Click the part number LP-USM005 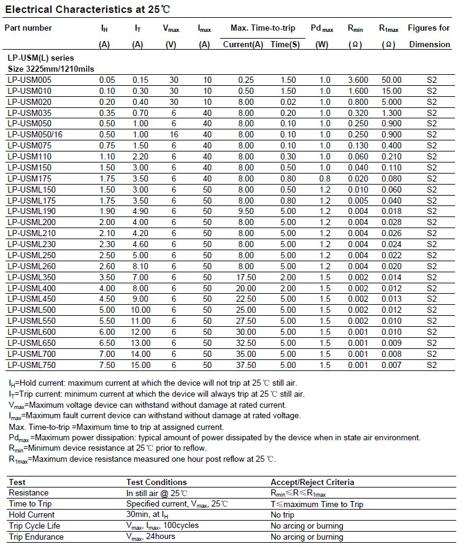click(x=29, y=80)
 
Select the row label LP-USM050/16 click(x=35, y=134)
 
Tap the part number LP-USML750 click(x=32, y=365)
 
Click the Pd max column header click(x=322, y=28)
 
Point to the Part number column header click(x=28, y=28)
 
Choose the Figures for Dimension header click(x=429, y=36)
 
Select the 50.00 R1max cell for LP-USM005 click(x=391, y=80)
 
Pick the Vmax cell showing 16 click(x=174, y=134)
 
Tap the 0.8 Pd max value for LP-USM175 click(x=324, y=178)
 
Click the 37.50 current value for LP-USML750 click(x=246, y=365)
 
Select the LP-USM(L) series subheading click(x=36, y=58)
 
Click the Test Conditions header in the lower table click(x=156, y=482)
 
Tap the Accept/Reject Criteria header click(x=312, y=482)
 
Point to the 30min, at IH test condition click(x=151, y=515)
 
